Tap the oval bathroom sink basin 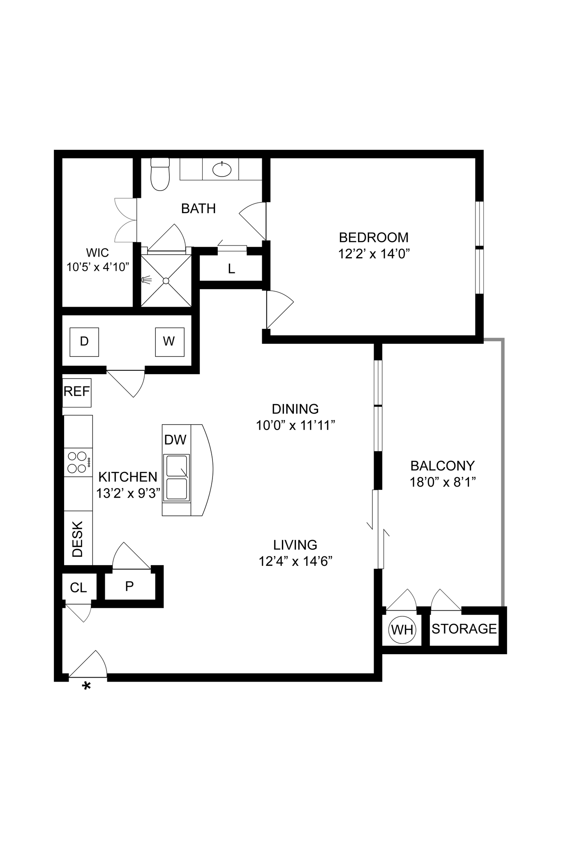click(x=222, y=170)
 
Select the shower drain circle click(x=166, y=281)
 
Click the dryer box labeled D click(x=84, y=342)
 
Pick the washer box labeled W click(x=169, y=342)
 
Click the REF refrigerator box click(x=77, y=392)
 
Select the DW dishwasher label click(x=175, y=440)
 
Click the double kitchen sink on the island click(x=177, y=478)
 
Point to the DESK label click(x=77, y=539)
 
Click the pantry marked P click(x=129, y=586)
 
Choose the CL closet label click(x=78, y=588)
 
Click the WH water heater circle click(x=402, y=630)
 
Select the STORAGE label click(x=464, y=629)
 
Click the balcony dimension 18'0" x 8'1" click(x=442, y=482)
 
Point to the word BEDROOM click(x=374, y=237)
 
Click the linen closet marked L click(x=231, y=269)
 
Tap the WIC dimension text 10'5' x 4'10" click(x=98, y=267)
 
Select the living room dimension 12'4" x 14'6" click(x=295, y=561)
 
